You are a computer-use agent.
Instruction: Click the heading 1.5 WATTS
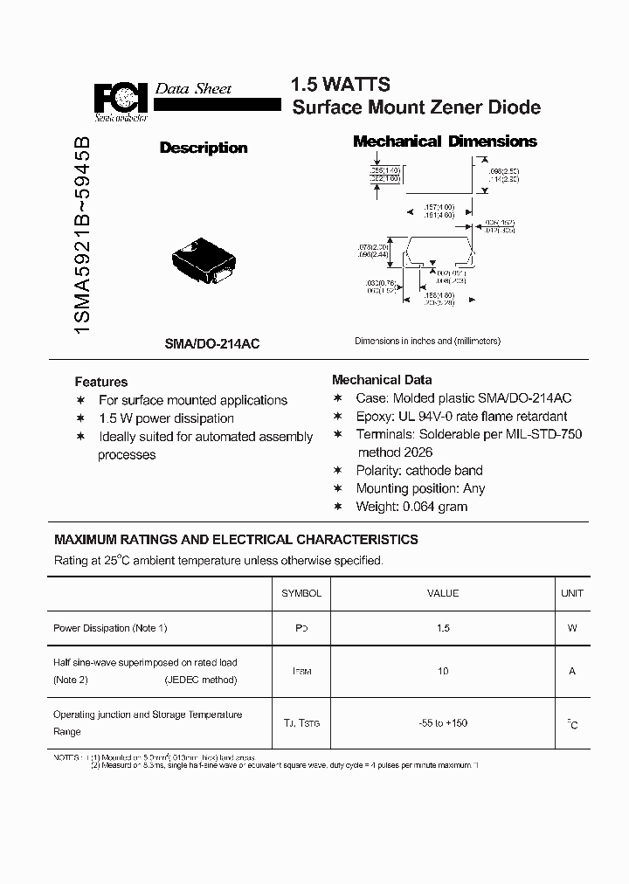(x=340, y=85)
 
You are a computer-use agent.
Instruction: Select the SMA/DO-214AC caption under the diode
(x=211, y=344)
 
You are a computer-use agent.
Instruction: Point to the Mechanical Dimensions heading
(x=444, y=142)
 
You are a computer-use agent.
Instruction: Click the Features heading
(x=101, y=382)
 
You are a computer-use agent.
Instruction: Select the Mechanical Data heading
(x=382, y=380)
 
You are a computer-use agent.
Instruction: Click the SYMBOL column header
(x=301, y=593)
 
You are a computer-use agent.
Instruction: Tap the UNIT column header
(x=571, y=593)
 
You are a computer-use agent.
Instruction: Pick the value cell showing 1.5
(x=443, y=628)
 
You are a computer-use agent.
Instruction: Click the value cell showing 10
(x=443, y=671)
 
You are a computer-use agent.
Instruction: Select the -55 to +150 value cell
(x=443, y=722)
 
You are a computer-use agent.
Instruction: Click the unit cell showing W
(x=571, y=628)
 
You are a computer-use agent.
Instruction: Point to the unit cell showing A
(x=571, y=671)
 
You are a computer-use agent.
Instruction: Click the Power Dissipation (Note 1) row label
(x=110, y=628)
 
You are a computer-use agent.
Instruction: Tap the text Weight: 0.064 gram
(x=411, y=507)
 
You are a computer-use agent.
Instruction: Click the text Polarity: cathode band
(x=419, y=470)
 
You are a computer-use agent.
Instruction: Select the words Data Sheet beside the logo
(x=193, y=88)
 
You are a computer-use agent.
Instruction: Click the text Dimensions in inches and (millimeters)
(x=427, y=342)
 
